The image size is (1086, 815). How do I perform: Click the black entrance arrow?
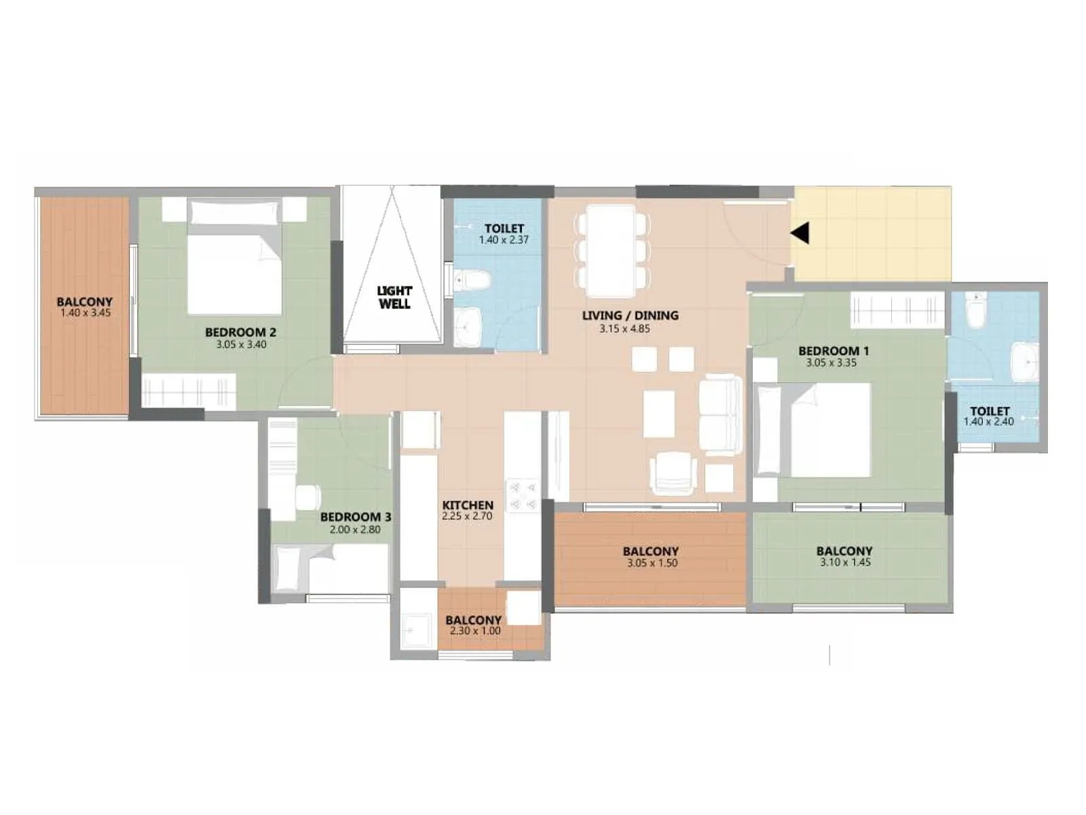click(800, 233)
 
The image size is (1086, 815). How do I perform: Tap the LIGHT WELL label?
click(394, 297)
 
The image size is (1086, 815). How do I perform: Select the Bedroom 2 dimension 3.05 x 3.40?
click(241, 344)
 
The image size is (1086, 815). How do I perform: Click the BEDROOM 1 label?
click(834, 350)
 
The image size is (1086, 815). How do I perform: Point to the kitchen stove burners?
click(523, 495)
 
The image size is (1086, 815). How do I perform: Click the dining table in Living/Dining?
click(612, 251)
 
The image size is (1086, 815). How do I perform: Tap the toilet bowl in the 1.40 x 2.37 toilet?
click(472, 280)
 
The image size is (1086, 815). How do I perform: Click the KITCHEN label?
click(468, 505)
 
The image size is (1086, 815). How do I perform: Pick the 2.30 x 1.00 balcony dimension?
click(475, 631)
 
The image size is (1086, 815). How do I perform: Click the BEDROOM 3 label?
click(356, 517)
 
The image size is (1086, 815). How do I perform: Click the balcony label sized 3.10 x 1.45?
click(844, 551)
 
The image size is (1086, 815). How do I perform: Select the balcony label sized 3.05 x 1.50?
click(651, 551)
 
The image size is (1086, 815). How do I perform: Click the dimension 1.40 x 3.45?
click(86, 313)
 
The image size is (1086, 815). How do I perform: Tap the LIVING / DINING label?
click(630, 315)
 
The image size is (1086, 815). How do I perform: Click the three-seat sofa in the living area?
click(722, 414)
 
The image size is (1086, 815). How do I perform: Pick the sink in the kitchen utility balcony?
click(415, 631)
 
